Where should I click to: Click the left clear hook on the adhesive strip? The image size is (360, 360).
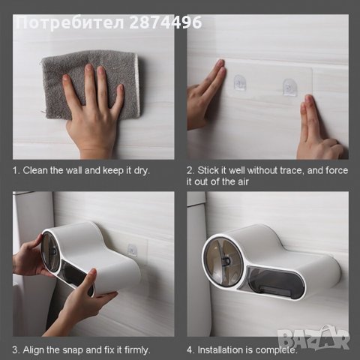point(240,82)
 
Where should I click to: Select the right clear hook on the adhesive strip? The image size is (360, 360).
point(290,87)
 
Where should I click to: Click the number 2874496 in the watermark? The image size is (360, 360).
point(166,22)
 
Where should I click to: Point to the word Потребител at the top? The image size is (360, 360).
point(70,22)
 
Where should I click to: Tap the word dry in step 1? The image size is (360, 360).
point(142,171)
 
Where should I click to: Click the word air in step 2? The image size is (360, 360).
point(243,181)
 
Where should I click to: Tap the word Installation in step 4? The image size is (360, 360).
point(217,350)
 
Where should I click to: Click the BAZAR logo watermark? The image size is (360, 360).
point(313,338)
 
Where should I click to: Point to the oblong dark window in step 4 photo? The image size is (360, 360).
point(275,283)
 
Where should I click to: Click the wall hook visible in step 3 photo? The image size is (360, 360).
point(132,250)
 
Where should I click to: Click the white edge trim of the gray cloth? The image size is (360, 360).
point(137,85)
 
